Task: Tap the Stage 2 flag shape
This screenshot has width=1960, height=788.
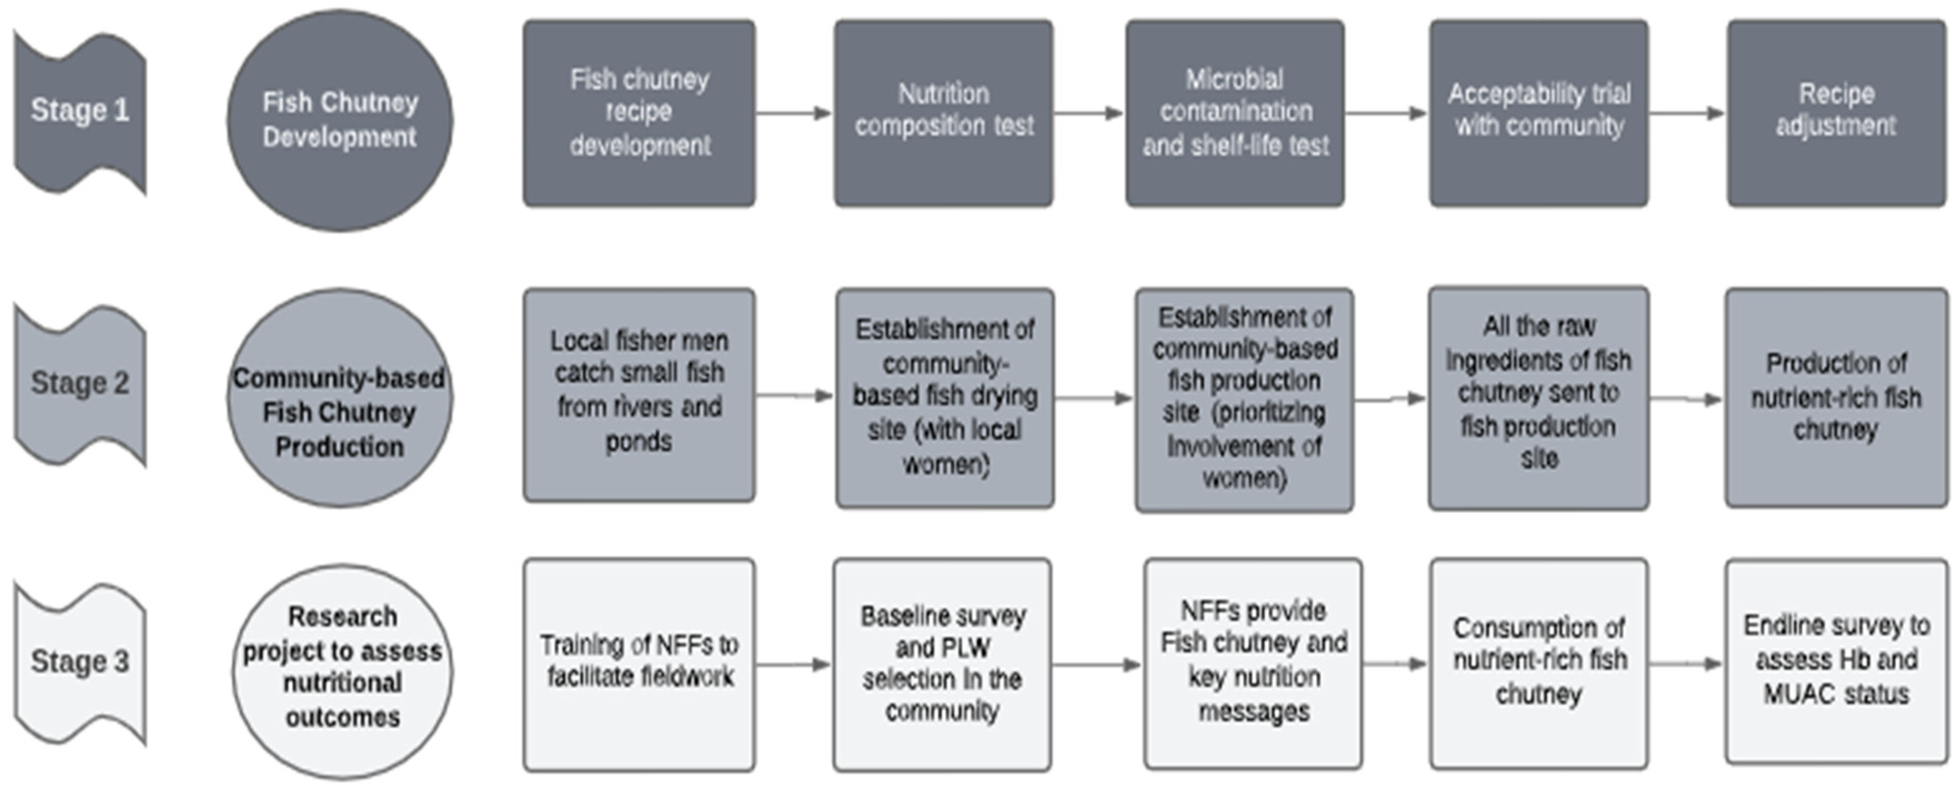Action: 80,384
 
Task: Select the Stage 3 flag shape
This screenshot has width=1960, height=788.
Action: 80,662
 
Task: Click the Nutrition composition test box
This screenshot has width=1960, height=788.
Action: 943,113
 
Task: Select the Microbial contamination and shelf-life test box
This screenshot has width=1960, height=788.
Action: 1235,113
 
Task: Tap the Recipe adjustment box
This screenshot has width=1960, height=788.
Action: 1836,113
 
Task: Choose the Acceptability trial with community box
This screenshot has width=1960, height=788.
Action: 1539,113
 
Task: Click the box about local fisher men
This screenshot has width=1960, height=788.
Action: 639,394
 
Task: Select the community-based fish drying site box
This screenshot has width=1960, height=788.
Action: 944,397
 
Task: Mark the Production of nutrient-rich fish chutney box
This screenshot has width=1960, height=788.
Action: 1836,397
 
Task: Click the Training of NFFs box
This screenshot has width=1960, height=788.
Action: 639,664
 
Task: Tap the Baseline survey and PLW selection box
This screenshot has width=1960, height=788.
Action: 942,664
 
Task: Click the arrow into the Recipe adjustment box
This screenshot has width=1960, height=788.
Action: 1687,113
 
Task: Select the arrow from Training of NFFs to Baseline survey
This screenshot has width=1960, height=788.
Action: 793,665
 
